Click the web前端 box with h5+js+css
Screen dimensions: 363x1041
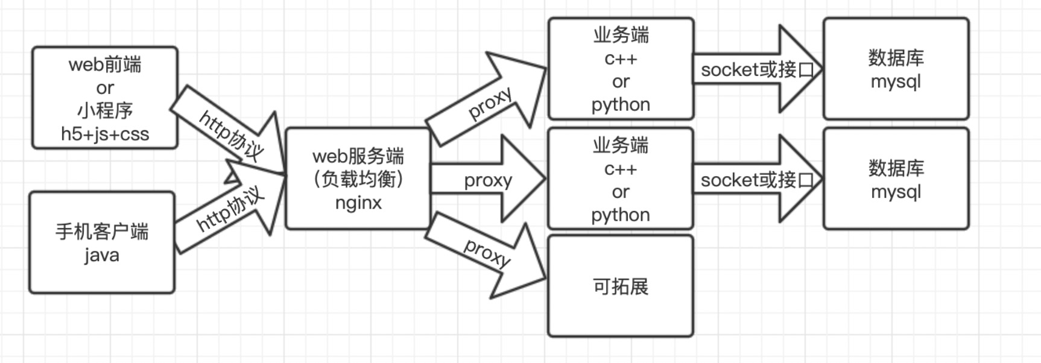[x=104, y=98]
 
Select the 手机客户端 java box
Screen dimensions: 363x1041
[x=101, y=242]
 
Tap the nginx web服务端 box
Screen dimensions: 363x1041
[x=358, y=178]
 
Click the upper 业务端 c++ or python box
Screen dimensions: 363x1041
[x=621, y=69]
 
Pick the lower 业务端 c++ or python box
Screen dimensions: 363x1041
[x=621, y=179]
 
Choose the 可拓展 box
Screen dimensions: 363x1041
[x=621, y=286]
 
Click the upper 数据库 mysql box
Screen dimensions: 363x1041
[x=896, y=69]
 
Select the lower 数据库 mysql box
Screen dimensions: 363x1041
[x=896, y=179]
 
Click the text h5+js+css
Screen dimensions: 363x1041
[x=104, y=134]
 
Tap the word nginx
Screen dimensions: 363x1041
[x=358, y=203]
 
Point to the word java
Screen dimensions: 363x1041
[x=101, y=255]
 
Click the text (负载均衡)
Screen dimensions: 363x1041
[x=358, y=179]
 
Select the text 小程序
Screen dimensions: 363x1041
[x=104, y=110]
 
